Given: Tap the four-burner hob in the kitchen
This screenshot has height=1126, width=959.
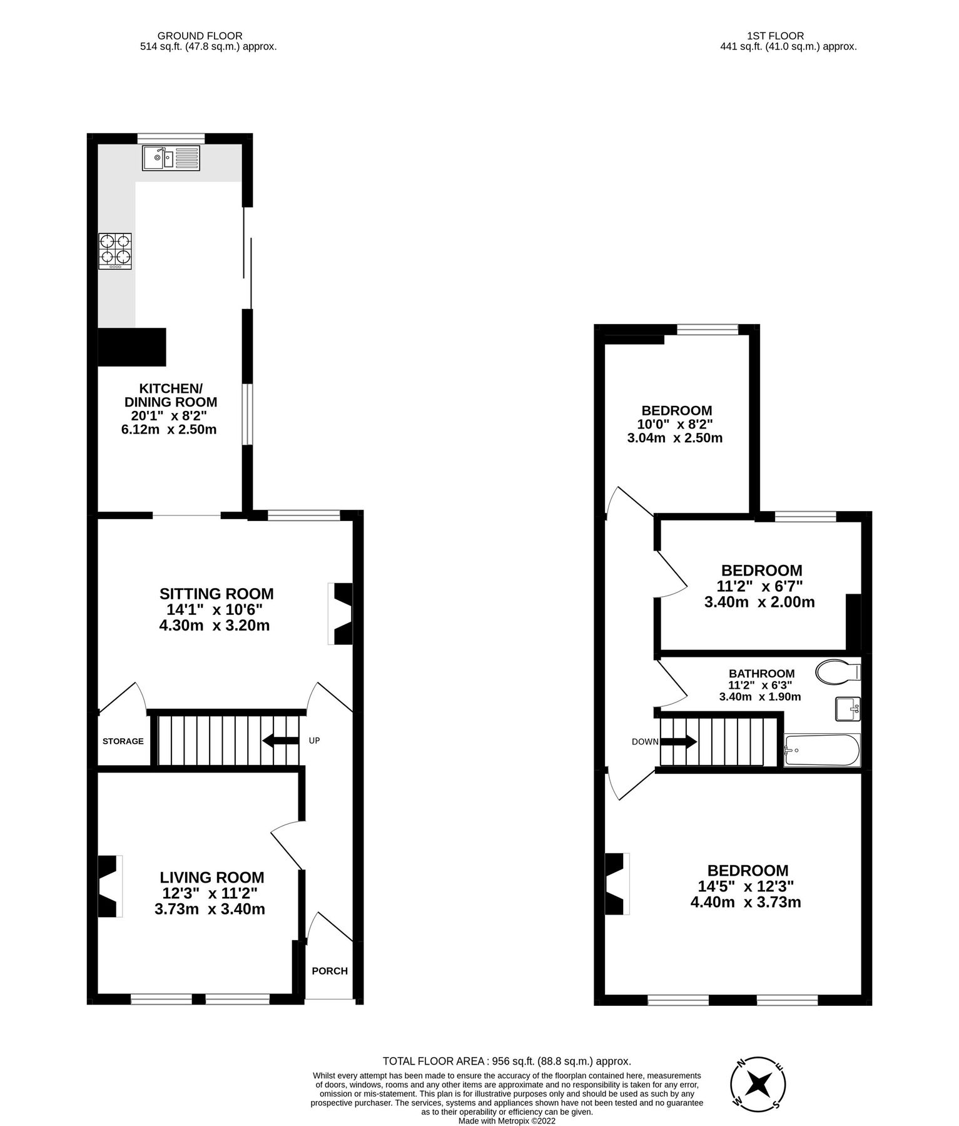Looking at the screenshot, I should click(115, 251).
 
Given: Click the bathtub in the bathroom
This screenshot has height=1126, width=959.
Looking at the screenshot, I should click(821, 750).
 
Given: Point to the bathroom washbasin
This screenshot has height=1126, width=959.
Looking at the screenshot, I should click(848, 709).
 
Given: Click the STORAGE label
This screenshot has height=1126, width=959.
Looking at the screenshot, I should click(123, 741).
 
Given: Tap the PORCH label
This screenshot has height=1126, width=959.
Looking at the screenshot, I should click(330, 971).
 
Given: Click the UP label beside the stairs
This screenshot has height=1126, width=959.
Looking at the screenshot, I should click(314, 741).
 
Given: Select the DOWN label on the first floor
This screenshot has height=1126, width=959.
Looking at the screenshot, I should click(645, 742).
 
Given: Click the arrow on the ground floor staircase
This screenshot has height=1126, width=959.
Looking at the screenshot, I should click(280, 741).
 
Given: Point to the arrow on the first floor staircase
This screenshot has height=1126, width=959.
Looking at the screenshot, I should click(679, 742).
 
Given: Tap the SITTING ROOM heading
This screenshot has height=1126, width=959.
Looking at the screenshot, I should click(216, 594).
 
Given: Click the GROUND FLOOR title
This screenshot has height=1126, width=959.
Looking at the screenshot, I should click(200, 36).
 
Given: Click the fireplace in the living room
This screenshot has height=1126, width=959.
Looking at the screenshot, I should click(109, 886).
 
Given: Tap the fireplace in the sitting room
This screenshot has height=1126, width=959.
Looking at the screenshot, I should click(342, 614).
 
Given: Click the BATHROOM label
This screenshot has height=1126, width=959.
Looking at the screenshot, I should click(761, 674).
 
